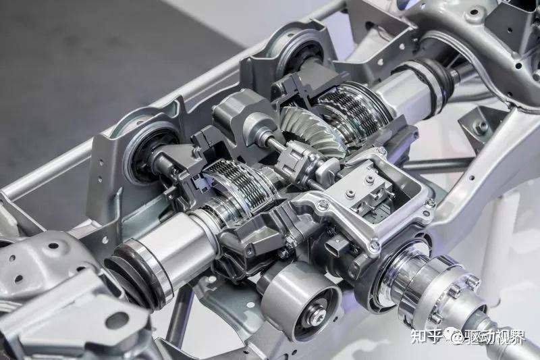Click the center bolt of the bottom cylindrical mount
click(315, 316)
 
